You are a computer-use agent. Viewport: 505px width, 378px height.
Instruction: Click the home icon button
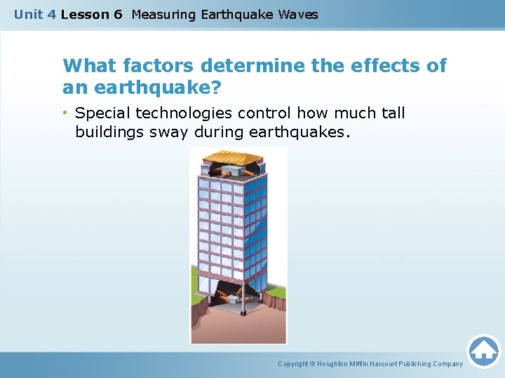click(484, 351)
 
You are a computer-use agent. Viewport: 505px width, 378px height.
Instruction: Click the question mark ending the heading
click(215, 88)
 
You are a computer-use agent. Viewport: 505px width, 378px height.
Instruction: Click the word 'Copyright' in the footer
click(294, 364)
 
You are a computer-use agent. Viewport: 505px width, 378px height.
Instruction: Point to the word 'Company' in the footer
click(447, 364)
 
